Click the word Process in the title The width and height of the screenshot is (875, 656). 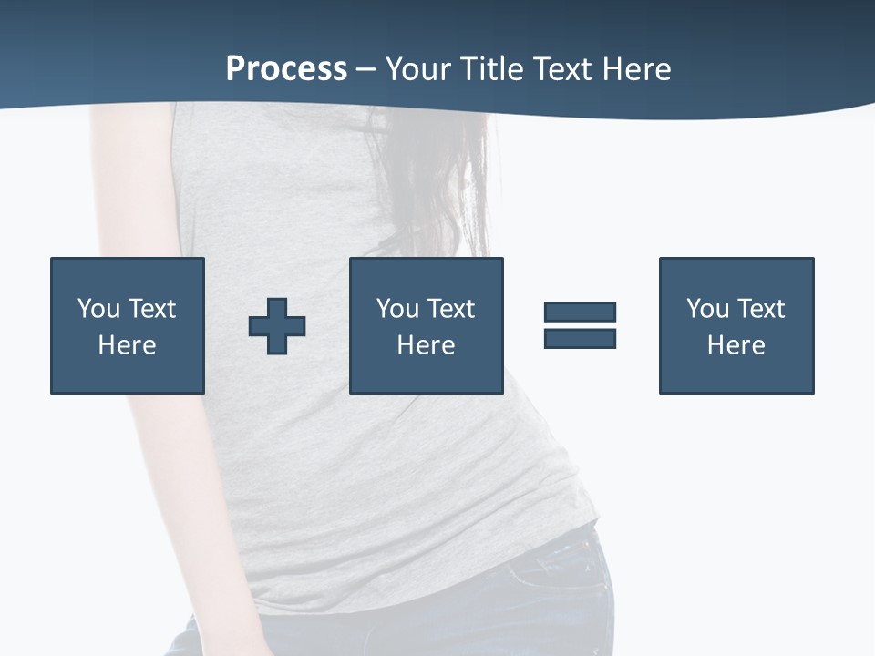(286, 69)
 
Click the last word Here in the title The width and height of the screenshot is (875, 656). (636, 69)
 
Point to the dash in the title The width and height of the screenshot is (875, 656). (365, 70)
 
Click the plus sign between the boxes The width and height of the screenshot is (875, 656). (277, 326)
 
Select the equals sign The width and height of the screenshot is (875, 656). (580, 325)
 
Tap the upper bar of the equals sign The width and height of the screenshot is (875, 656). (580, 312)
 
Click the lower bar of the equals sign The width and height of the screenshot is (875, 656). (580, 338)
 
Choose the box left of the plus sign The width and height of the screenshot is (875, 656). (128, 325)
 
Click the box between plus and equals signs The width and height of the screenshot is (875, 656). (426, 325)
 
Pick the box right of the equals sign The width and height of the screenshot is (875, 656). (736, 325)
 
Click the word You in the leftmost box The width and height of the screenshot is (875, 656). (98, 309)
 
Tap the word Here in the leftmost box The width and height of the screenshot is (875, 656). (128, 345)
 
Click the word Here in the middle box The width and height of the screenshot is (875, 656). (426, 345)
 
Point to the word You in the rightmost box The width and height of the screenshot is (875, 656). (707, 309)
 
